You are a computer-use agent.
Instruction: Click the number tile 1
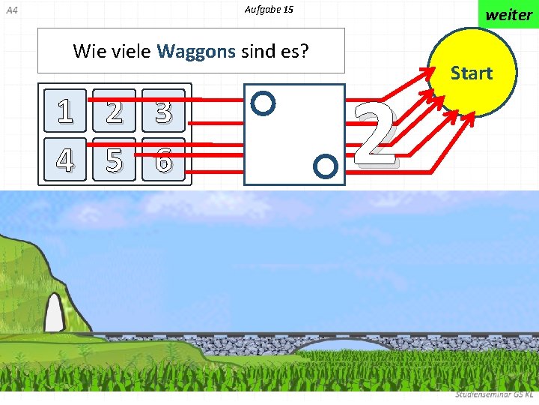click(x=66, y=110)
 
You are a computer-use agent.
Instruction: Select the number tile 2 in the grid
click(x=115, y=110)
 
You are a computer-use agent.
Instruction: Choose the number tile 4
click(x=66, y=159)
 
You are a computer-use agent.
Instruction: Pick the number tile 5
click(x=115, y=159)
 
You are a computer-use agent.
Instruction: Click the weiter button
click(x=509, y=14)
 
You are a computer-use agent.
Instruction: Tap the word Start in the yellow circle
click(x=472, y=73)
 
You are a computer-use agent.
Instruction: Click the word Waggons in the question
click(x=197, y=51)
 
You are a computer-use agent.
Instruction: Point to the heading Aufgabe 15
click(x=269, y=10)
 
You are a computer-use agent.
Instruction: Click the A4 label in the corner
click(x=11, y=10)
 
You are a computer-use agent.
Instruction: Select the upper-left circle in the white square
click(x=264, y=103)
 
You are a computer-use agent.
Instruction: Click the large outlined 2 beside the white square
click(x=374, y=135)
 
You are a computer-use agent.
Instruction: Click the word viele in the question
click(x=130, y=51)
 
